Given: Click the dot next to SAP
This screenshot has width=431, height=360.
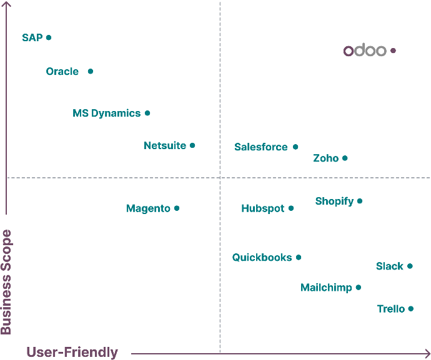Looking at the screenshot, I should pyautogui.click(x=49, y=37).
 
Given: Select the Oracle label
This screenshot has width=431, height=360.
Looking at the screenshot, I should pyautogui.click(x=62, y=72).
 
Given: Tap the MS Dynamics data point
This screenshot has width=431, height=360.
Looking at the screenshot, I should pyautogui.click(x=147, y=113).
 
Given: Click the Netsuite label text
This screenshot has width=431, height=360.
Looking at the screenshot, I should pyautogui.click(x=165, y=145).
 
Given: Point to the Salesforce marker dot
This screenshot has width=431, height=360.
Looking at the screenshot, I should pyautogui.click(x=295, y=147).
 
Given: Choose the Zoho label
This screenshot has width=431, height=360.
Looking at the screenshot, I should pyautogui.click(x=325, y=158).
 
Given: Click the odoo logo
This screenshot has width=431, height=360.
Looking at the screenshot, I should pyautogui.click(x=365, y=51).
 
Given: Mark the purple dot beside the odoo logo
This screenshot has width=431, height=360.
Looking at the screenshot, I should pyautogui.click(x=393, y=51).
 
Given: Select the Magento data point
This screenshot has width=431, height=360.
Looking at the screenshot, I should pyautogui.click(x=177, y=208).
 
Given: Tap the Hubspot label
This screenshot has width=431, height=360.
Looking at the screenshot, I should pyautogui.click(x=262, y=208).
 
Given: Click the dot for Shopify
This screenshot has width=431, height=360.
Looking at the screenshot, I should pyautogui.click(x=360, y=201).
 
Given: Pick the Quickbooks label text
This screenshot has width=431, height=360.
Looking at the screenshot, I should pyautogui.click(x=262, y=257).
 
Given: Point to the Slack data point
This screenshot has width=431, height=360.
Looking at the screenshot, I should pyautogui.click(x=410, y=266).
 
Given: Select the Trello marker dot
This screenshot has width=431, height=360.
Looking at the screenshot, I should pyautogui.click(x=411, y=309).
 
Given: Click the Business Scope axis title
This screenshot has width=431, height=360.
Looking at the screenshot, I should pyautogui.click(x=6, y=282).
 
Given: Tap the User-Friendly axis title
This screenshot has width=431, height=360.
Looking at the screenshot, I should pyautogui.click(x=72, y=352).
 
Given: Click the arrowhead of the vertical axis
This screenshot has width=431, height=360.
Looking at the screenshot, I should pyautogui.click(x=6, y=6).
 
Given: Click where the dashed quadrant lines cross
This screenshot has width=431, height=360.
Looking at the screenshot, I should pyautogui.click(x=220, y=178).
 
